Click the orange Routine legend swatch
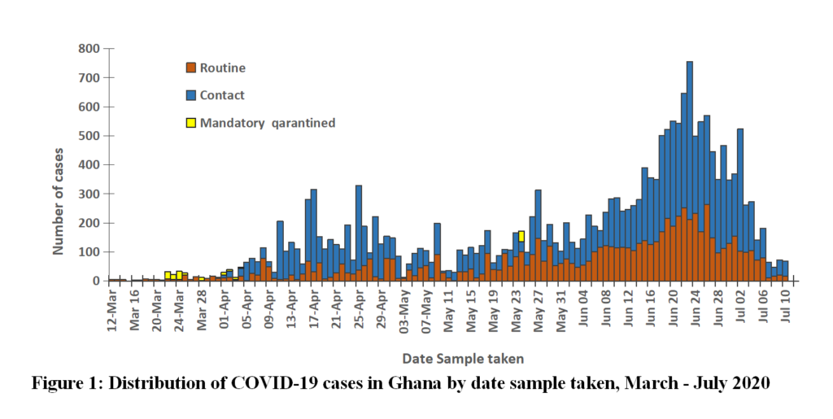click(x=191, y=68)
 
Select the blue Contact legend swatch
click(x=191, y=95)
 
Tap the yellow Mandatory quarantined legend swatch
click(x=191, y=123)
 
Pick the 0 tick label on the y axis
click(x=95, y=282)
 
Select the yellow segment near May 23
click(x=521, y=236)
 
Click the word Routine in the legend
click(x=222, y=68)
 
